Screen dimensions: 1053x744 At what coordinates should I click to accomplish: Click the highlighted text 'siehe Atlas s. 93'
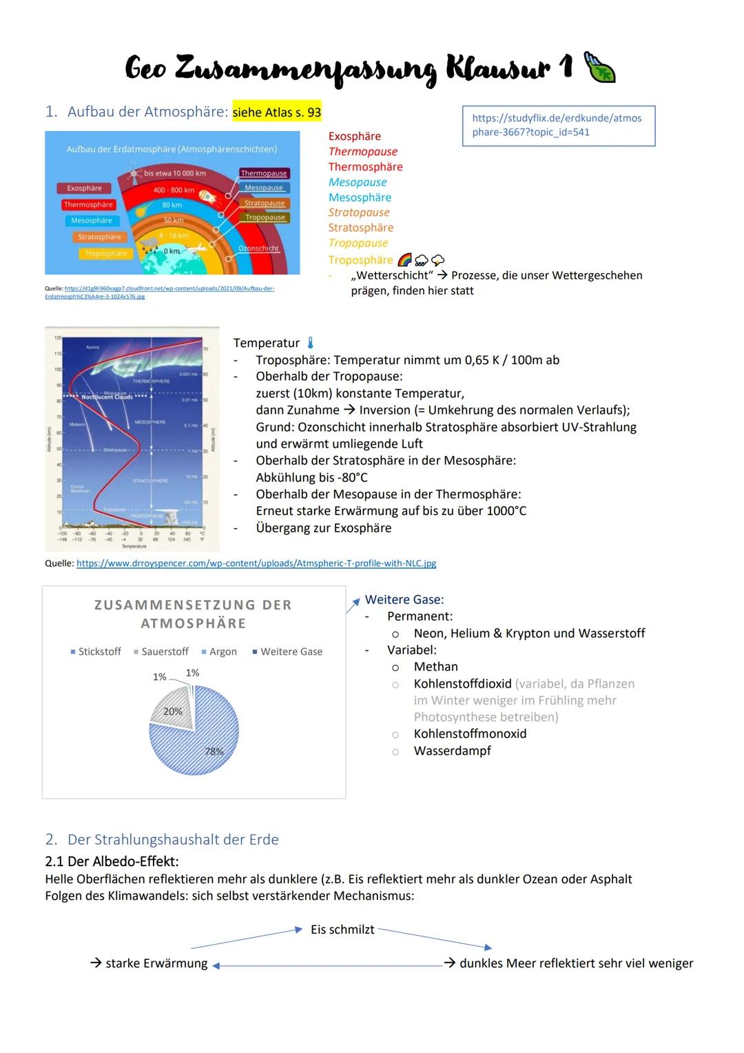click(x=276, y=112)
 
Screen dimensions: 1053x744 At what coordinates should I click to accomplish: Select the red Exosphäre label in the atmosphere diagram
click(x=84, y=188)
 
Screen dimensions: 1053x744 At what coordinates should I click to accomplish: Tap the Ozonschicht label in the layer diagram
click(x=258, y=248)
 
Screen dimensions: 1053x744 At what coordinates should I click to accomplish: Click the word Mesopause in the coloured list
click(x=358, y=182)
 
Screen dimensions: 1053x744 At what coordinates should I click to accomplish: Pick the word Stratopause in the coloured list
click(x=359, y=212)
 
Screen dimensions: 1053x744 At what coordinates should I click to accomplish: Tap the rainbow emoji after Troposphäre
click(x=404, y=260)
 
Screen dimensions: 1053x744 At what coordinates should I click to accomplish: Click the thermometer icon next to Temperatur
click(x=311, y=343)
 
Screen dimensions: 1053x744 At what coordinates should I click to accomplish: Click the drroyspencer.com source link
click(x=256, y=563)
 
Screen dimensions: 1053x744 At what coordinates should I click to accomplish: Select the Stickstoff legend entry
click(x=96, y=652)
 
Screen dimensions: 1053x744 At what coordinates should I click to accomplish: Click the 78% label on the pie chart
click(x=214, y=752)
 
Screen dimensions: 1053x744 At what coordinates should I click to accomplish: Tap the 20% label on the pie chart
click(x=172, y=712)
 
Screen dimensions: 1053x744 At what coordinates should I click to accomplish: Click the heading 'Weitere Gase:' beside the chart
click(x=404, y=600)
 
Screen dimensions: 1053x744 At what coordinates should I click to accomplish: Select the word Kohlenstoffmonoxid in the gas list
click(x=470, y=734)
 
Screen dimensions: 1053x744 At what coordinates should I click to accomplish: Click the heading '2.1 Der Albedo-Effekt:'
click(x=112, y=861)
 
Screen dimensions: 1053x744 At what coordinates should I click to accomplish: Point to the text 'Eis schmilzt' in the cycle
click(x=342, y=930)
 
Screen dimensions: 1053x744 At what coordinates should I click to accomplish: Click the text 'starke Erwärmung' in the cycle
click(x=156, y=963)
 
